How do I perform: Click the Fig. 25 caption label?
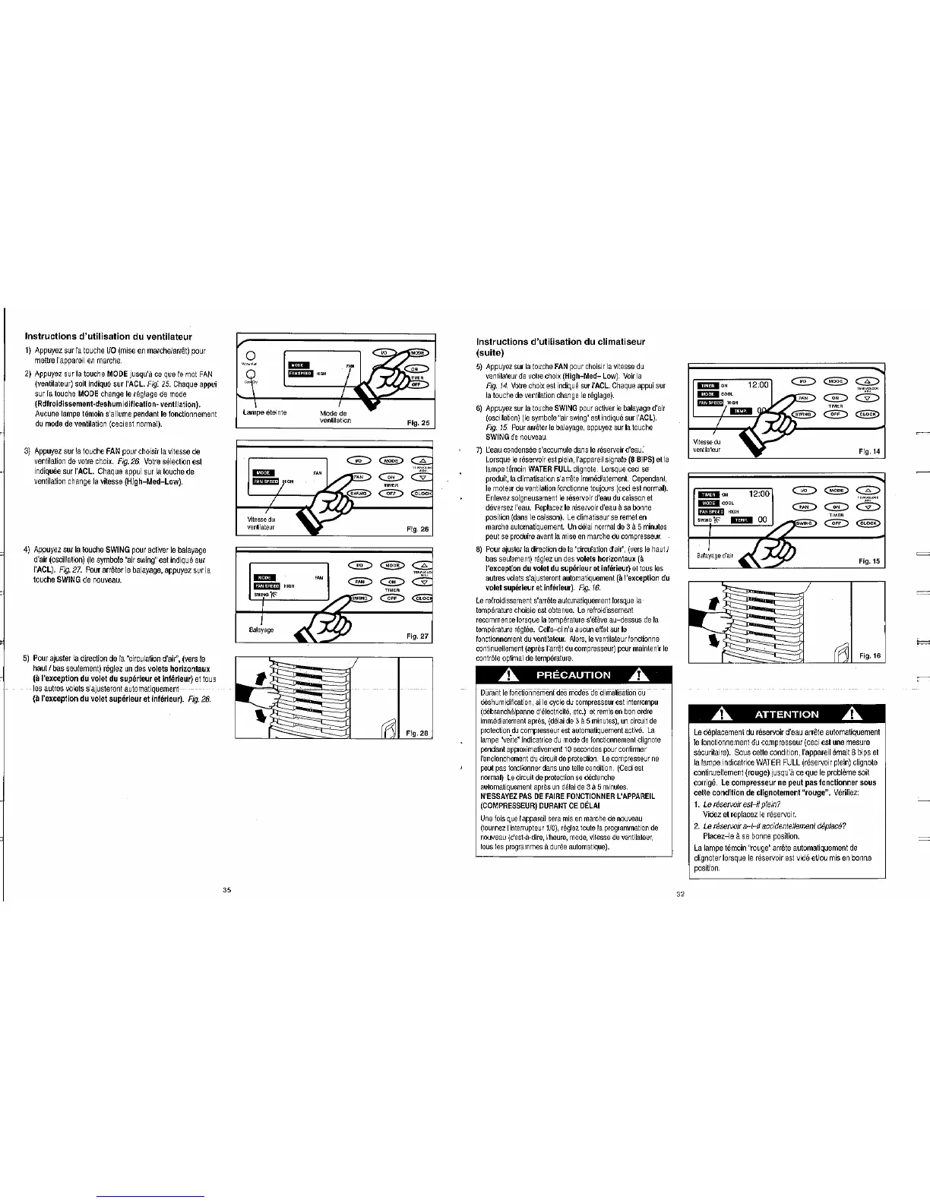point(419,422)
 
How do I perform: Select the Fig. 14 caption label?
point(868,451)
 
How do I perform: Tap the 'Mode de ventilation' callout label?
point(334,417)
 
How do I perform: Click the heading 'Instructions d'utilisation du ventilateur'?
point(108,336)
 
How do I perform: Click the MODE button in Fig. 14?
point(837,380)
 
